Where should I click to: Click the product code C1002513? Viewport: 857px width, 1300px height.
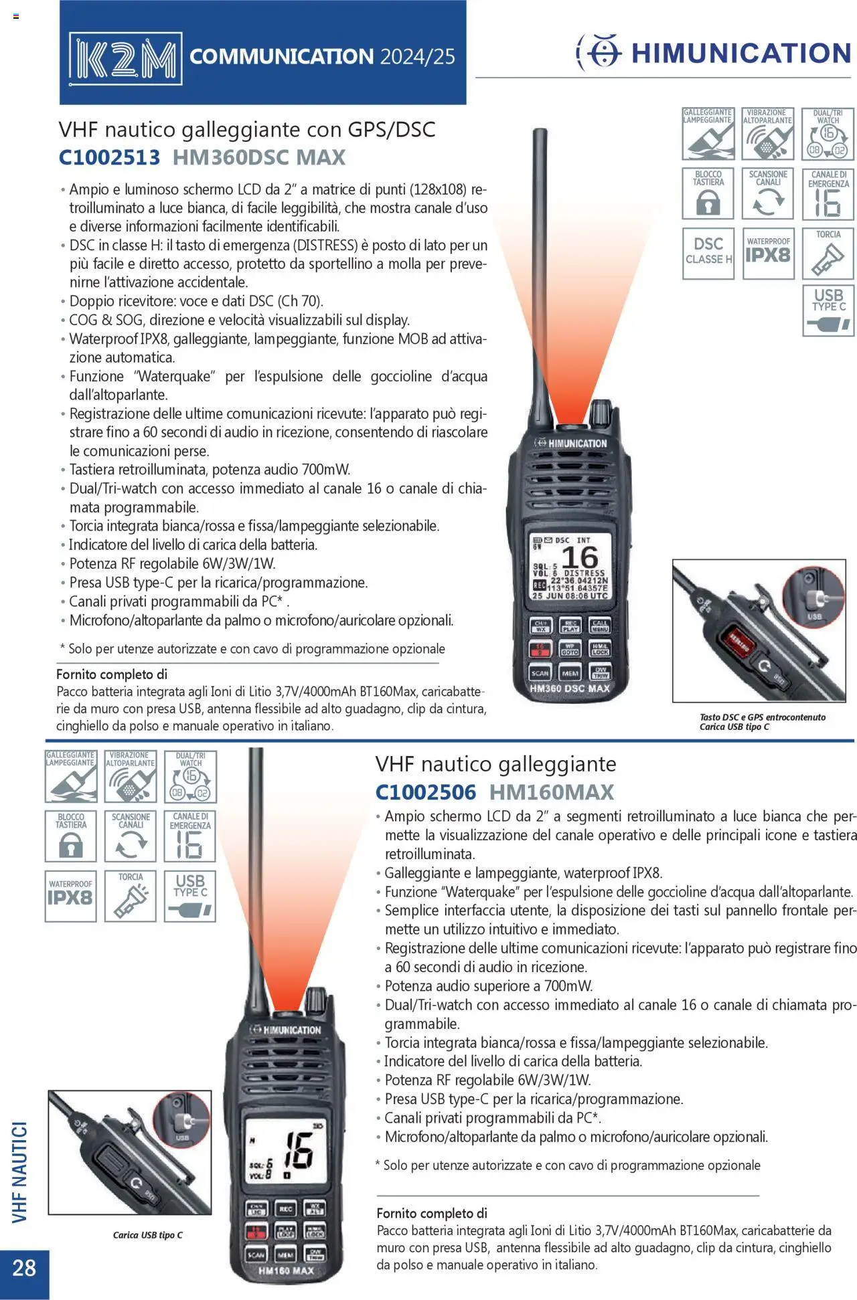(109, 157)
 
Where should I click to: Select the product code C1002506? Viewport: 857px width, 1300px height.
(425, 792)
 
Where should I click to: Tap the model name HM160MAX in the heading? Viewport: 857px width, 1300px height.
(551, 792)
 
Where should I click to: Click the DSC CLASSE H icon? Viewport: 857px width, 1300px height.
(708, 254)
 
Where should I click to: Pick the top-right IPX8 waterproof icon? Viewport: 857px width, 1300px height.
(768, 254)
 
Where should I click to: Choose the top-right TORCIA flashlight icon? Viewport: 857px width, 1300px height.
(828, 254)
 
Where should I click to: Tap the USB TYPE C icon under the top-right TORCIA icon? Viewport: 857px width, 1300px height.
(828, 310)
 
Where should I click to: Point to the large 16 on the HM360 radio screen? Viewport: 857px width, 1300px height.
(580, 557)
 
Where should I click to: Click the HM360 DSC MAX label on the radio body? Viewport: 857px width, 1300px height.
(570, 688)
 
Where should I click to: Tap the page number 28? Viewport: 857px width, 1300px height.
(24, 1268)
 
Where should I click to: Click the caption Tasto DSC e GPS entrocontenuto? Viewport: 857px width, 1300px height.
(763, 717)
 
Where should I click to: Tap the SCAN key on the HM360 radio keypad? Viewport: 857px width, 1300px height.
(540, 673)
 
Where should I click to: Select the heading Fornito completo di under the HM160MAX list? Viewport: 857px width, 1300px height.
(432, 1213)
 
